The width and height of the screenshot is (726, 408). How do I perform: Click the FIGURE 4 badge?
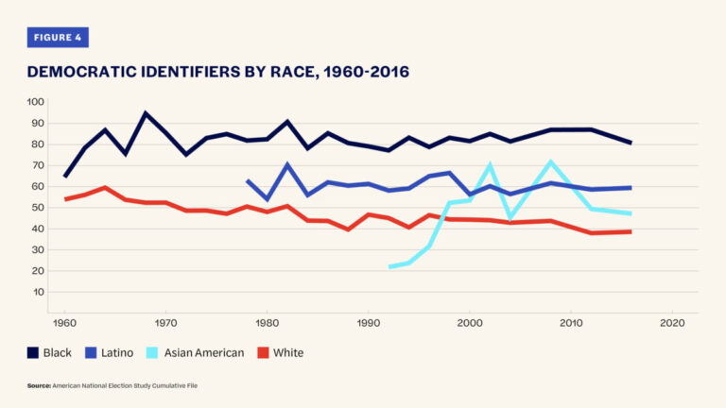click(58, 37)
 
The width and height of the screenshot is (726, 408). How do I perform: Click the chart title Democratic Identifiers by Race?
click(217, 72)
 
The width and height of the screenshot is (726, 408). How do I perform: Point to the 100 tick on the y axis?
click(35, 102)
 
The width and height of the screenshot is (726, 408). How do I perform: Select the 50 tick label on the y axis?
click(38, 208)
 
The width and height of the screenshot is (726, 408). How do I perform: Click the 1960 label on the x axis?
click(64, 323)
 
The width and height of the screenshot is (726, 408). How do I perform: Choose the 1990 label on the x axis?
click(368, 323)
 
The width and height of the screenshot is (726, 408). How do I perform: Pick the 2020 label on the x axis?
click(671, 323)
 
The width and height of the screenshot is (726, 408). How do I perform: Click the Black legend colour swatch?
click(34, 352)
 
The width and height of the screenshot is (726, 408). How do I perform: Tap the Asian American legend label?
click(205, 352)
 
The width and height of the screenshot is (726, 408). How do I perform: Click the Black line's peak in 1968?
click(146, 113)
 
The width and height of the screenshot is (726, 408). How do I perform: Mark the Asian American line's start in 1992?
click(389, 267)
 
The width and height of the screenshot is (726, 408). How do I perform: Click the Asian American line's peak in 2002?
click(490, 165)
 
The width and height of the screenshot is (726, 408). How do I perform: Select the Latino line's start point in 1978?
click(247, 179)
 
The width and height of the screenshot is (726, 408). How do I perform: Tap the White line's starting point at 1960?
click(64, 198)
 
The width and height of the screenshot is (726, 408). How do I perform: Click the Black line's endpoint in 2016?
click(631, 143)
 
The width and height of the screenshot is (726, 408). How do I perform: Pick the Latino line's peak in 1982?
click(287, 164)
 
